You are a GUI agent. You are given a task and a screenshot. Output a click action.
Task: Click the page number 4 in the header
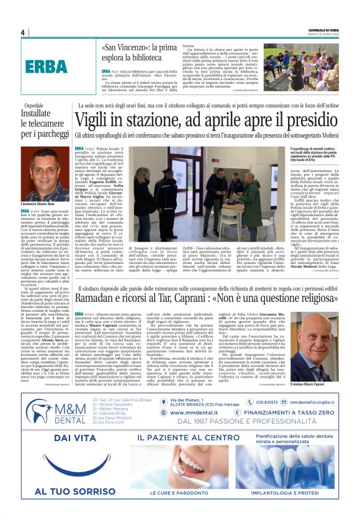[22, 32]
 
